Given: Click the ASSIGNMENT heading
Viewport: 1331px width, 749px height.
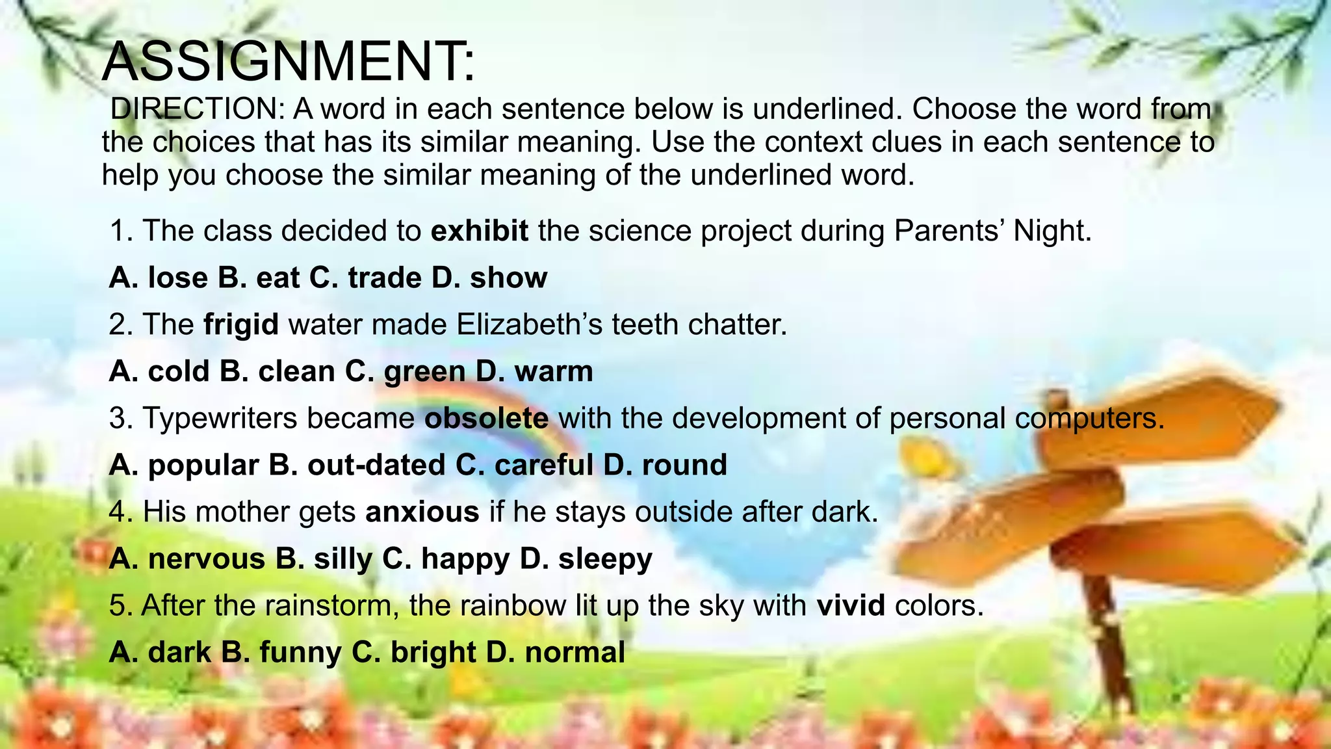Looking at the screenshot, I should (x=289, y=62).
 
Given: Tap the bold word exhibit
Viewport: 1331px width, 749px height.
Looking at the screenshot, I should (x=479, y=231).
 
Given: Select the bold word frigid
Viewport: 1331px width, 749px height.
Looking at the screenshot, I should (x=241, y=324).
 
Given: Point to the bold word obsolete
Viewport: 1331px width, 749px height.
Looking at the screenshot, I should (x=486, y=418).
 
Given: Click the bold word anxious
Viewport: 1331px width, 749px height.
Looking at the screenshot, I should (x=422, y=512).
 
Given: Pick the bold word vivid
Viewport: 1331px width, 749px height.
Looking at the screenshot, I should (x=851, y=605).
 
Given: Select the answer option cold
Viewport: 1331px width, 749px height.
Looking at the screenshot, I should (x=179, y=371).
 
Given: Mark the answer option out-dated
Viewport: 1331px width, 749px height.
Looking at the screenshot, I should (x=376, y=465).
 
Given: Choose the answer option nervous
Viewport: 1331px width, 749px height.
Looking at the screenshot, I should (x=206, y=558).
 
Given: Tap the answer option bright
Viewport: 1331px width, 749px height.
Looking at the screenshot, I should (x=433, y=652).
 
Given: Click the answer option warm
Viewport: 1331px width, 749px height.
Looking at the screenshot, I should (x=554, y=371).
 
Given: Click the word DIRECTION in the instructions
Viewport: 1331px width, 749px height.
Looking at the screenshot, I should (x=194, y=109).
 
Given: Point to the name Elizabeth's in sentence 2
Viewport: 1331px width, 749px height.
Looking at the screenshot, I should (x=530, y=324).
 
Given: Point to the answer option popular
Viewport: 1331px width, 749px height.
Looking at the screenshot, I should (x=203, y=465).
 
